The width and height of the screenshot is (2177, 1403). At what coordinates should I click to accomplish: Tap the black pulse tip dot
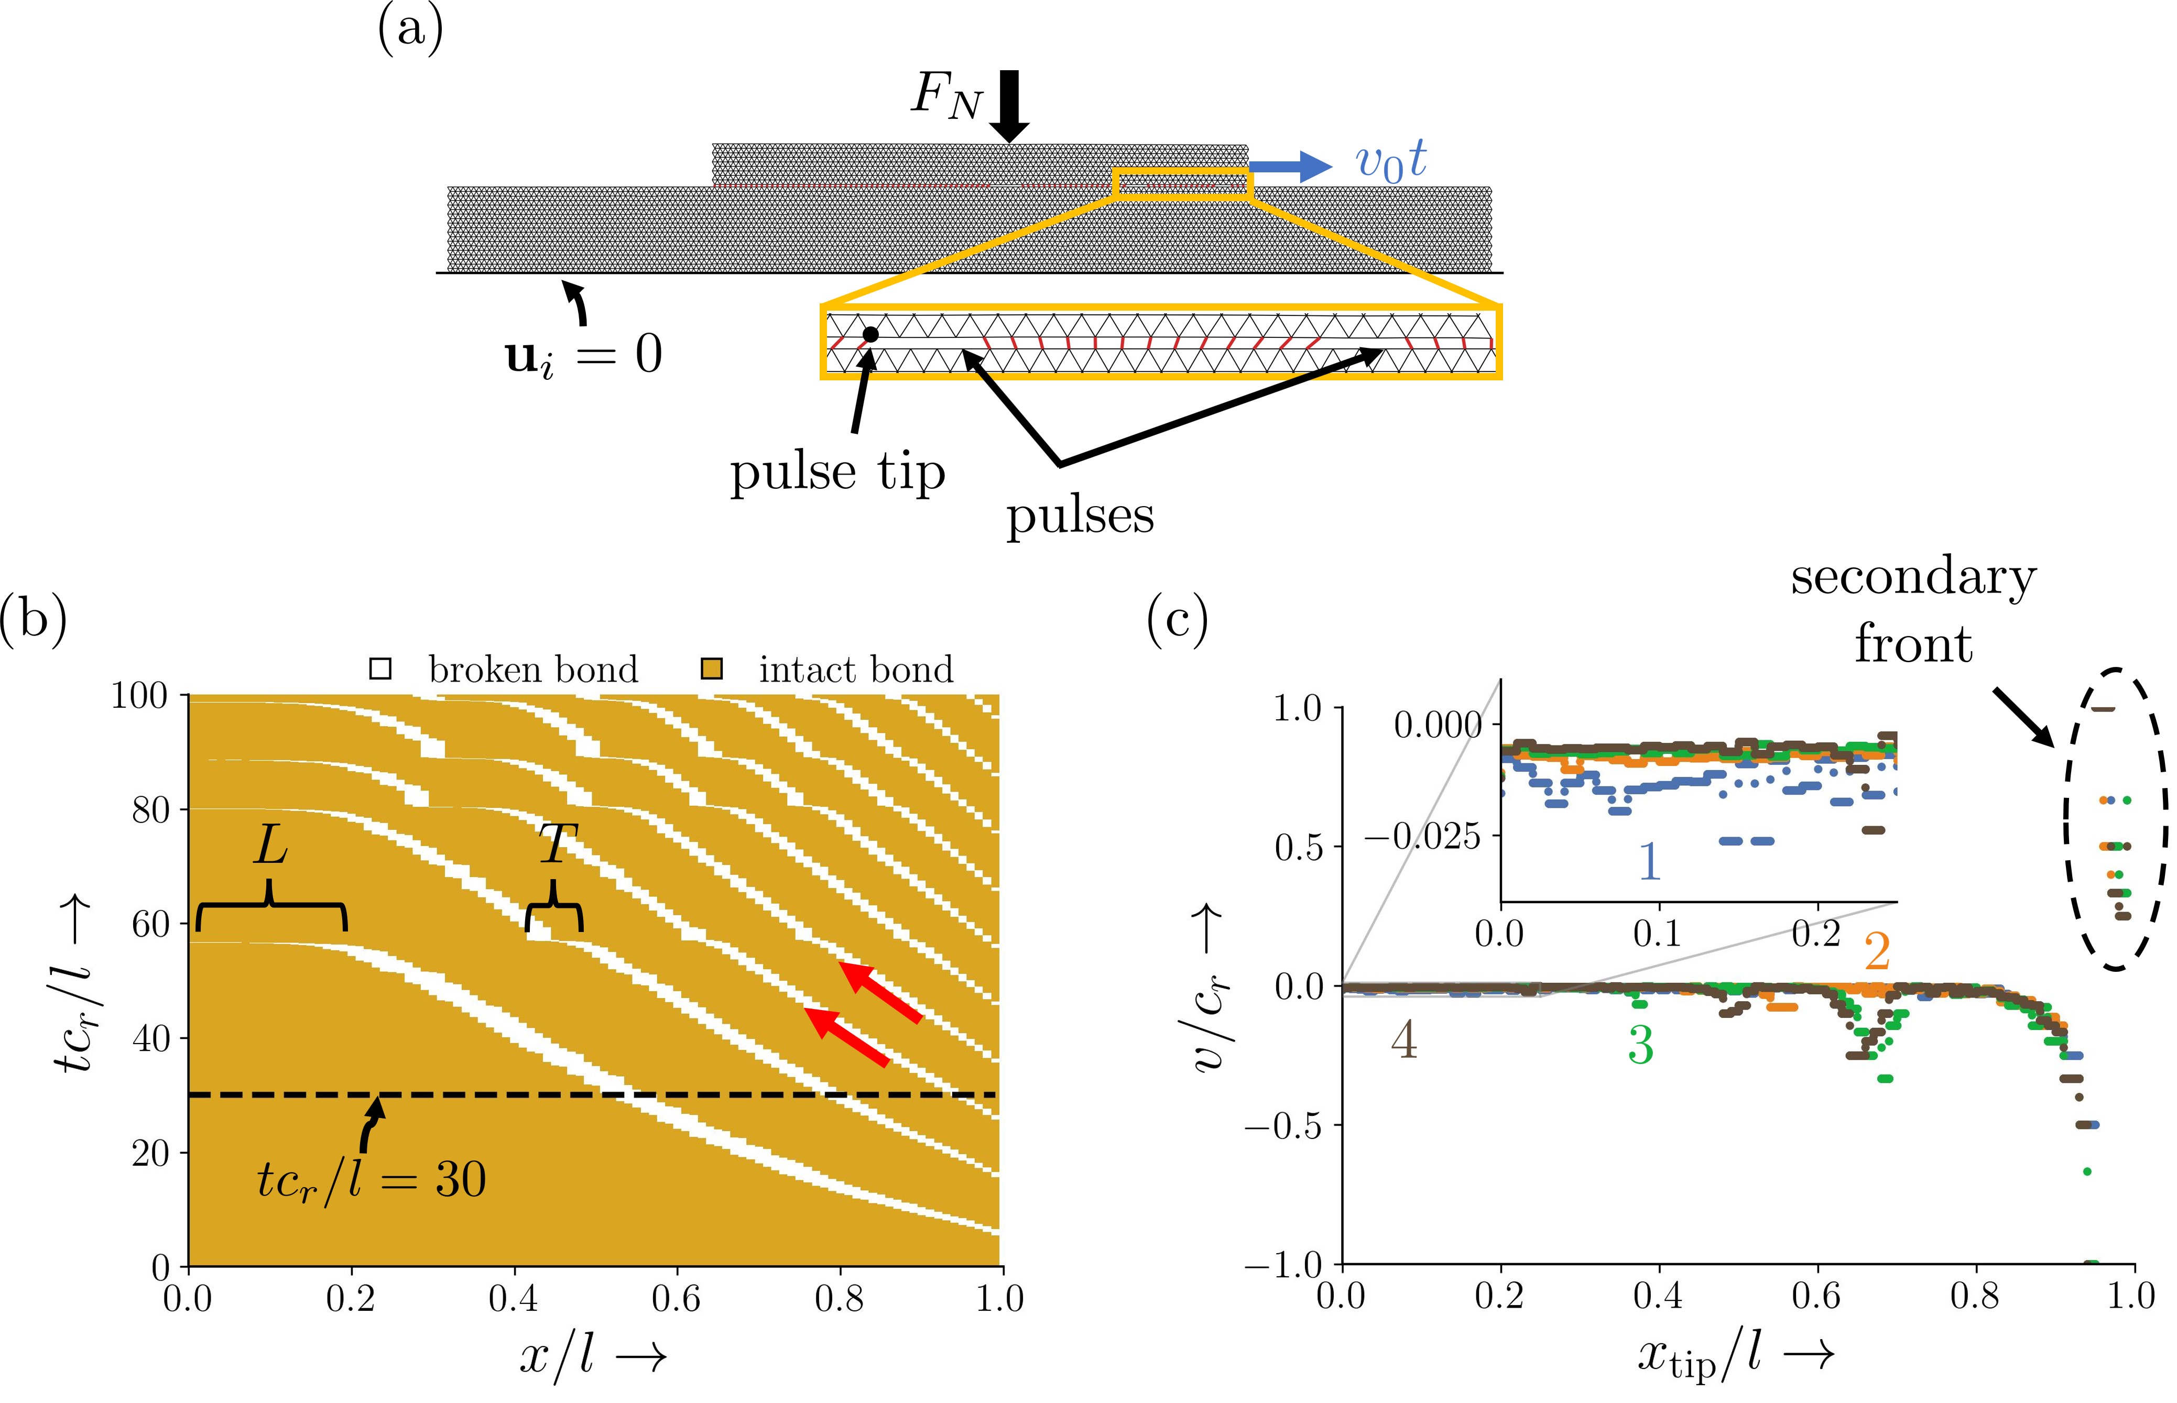point(870,334)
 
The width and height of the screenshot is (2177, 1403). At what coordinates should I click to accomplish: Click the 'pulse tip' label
point(836,473)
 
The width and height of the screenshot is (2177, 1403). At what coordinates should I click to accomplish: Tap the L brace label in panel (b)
point(270,846)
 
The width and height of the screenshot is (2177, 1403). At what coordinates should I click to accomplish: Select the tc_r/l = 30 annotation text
point(371,1181)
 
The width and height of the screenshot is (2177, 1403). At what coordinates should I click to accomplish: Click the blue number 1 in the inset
point(1649,861)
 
